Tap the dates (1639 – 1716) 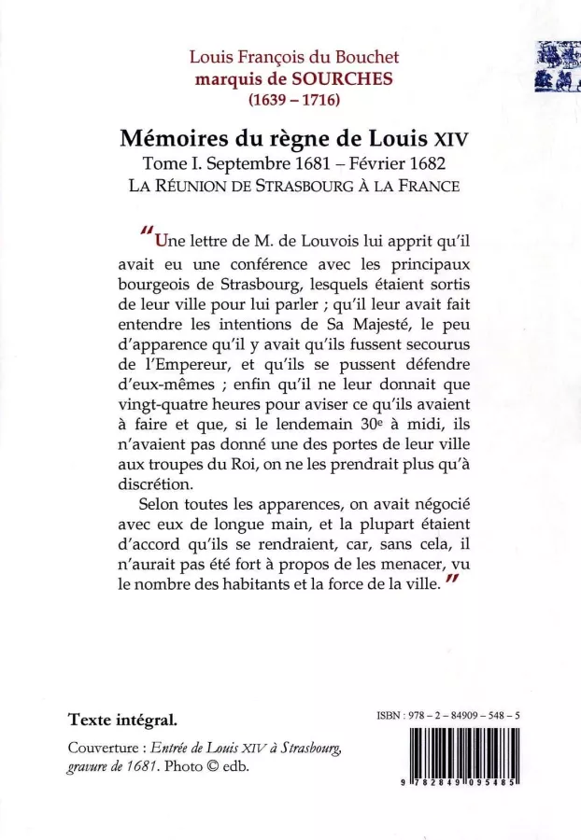(x=293, y=97)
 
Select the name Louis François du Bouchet (x=293, y=59)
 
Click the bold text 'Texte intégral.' (x=122, y=721)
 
